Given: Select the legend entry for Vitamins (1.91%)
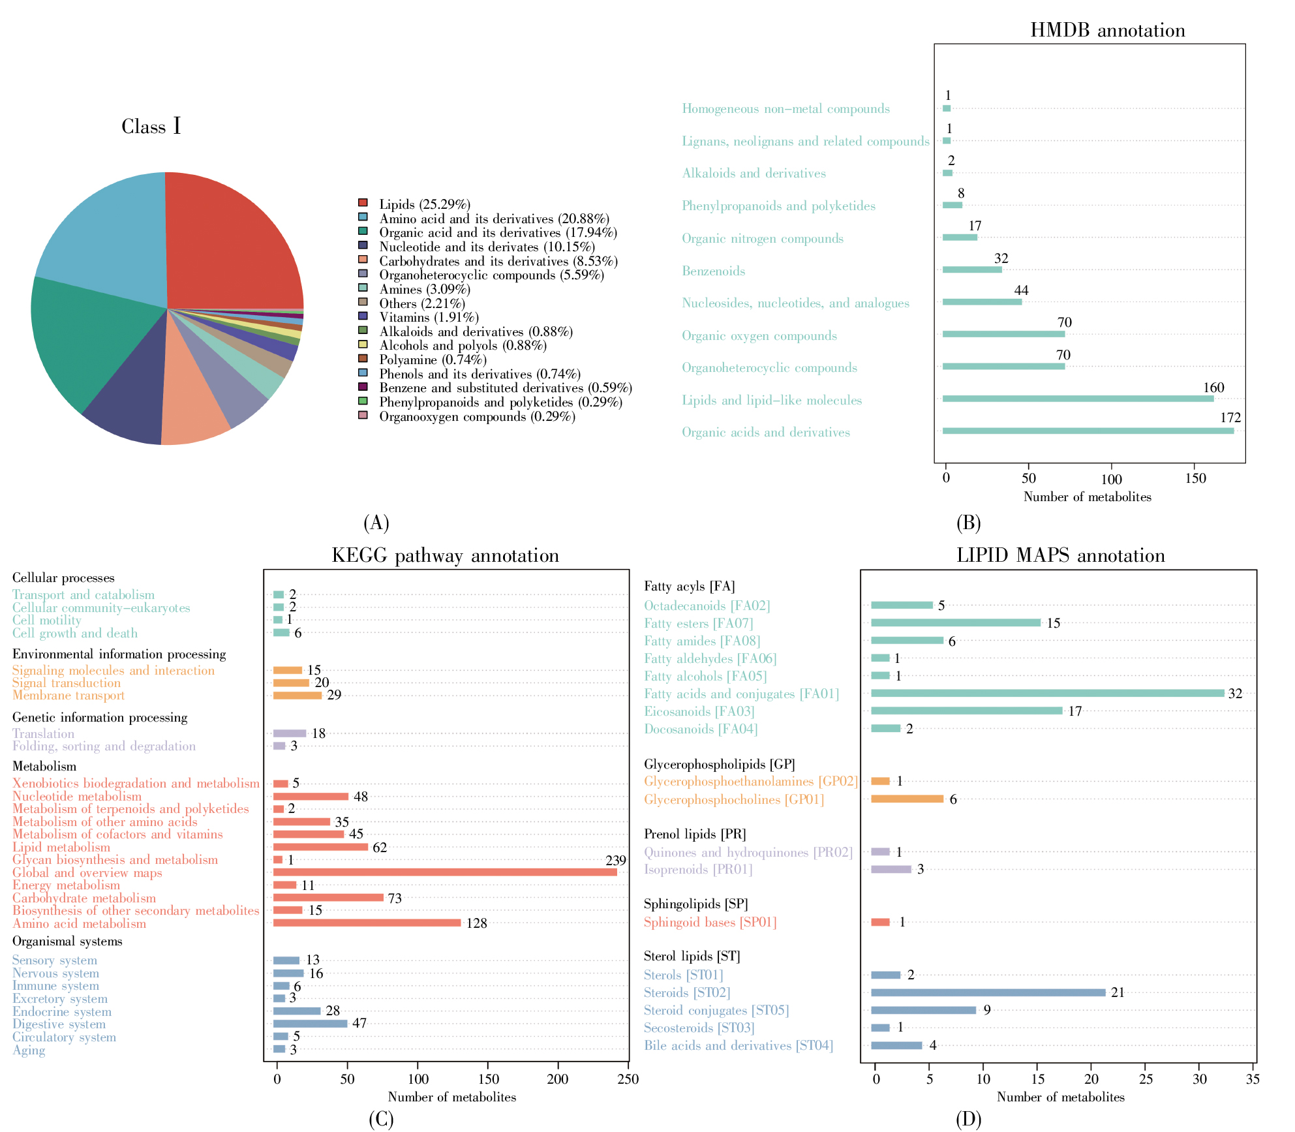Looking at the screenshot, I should (x=429, y=318).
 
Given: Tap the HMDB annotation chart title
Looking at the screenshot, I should (x=1107, y=30).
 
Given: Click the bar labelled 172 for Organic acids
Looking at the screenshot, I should (x=1088, y=431).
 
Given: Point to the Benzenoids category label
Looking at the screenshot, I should (x=713, y=271).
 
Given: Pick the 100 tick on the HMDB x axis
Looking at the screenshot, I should (x=1112, y=478).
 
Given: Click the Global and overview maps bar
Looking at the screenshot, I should (x=445, y=872).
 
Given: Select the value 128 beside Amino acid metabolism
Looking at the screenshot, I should (x=476, y=923).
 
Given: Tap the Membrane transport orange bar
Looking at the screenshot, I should (x=297, y=696).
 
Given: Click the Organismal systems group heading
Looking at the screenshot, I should (x=67, y=941).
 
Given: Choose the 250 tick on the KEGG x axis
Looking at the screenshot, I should (x=628, y=1079).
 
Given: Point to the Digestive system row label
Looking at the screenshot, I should (x=59, y=1024).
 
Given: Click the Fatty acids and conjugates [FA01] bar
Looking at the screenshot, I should (x=1047, y=693).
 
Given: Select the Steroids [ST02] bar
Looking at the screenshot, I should (x=988, y=992).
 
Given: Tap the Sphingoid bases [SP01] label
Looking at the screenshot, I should (x=710, y=922).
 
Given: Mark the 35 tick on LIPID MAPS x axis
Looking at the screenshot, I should (x=1253, y=1079).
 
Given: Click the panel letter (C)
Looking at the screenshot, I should (x=381, y=1120).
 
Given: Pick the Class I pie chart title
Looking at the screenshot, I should (x=151, y=126).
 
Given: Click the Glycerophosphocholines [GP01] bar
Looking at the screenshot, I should (x=907, y=799).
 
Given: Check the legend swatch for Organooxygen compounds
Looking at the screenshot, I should (x=363, y=416).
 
